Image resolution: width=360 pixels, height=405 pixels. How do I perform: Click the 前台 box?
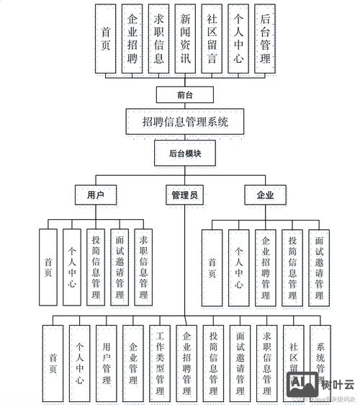(184, 94)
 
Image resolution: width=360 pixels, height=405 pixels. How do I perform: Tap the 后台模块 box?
(184, 153)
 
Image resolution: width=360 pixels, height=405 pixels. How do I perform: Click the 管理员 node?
(184, 195)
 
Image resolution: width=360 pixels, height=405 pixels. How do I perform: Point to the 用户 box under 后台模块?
(96, 195)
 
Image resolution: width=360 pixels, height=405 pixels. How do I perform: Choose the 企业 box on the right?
(264, 195)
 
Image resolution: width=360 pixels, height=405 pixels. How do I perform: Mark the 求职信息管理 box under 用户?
(144, 264)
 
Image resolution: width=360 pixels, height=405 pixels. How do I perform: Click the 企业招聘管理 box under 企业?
(265, 264)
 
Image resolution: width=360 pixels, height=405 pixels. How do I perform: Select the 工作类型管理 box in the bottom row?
(159, 364)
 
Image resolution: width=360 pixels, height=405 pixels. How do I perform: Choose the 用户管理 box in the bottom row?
(106, 364)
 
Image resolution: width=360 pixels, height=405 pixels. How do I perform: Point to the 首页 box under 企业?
(212, 264)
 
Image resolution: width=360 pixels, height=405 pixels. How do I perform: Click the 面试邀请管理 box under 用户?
(120, 264)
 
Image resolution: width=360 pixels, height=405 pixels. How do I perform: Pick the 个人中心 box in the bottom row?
(79, 364)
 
